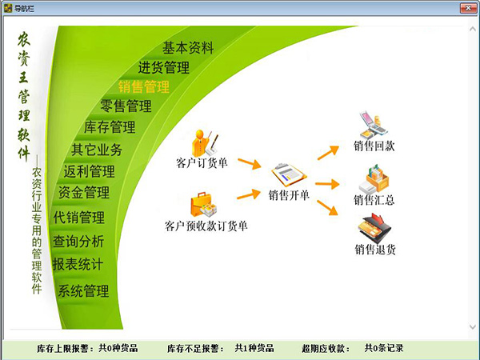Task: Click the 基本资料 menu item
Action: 188,48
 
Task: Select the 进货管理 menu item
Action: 163,67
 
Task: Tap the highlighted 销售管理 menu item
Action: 144,86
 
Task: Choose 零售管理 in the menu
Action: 126,106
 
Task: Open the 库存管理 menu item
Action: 110,127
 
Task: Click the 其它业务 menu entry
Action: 97,149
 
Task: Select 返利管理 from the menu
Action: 89,171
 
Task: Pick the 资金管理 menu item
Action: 83,193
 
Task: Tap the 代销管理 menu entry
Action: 79,218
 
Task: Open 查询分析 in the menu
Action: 78,241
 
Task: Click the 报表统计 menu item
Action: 78,263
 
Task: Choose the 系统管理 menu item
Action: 83,290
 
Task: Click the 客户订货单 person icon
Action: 201,142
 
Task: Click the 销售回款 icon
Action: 373,126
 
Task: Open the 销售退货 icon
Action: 374,230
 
